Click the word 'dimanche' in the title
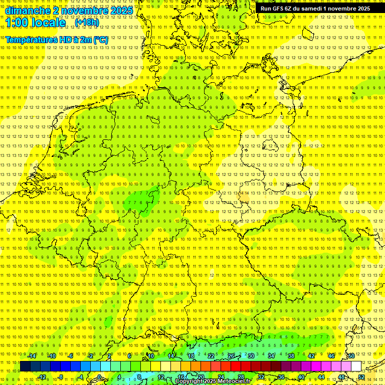(x=27, y=11)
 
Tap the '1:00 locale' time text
(x=36, y=23)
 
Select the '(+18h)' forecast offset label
(x=87, y=23)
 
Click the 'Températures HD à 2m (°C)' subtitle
(x=57, y=40)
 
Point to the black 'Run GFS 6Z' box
(x=315, y=9)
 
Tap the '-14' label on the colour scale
(x=32, y=356)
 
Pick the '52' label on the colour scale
(x=361, y=377)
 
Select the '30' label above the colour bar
(x=251, y=356)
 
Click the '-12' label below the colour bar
(x=42, y=377)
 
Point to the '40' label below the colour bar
(x=301, y=377)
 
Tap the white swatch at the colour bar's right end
(x=356, y=366)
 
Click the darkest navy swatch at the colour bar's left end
(x=25, y=366)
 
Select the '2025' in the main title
(x=121, y=11)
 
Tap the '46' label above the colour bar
(x=331, y=356)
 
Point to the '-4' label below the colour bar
(x=81, y=377)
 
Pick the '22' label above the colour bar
(x=211, y=356)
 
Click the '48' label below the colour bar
(x=341, y=377)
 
